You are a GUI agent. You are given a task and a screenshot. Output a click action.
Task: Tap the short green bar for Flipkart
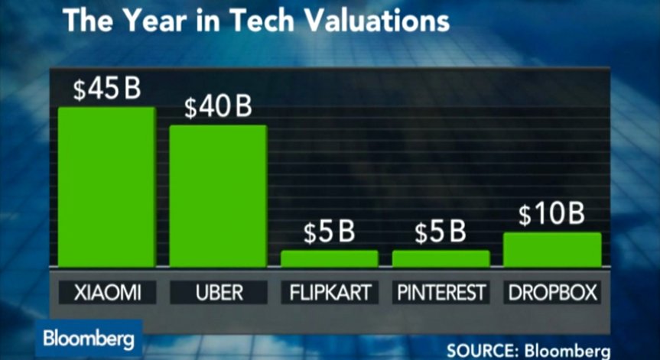coord(329,258)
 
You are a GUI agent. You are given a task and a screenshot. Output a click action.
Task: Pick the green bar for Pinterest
coord(441,258)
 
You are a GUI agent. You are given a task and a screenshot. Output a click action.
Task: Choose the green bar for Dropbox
coord(552,249)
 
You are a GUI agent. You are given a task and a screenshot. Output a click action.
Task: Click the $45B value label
coord(107,89)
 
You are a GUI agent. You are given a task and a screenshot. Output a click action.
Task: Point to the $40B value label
coord(218,108)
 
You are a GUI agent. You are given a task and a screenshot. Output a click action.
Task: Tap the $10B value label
coord(551,216)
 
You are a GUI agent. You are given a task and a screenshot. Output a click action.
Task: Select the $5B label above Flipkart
coord(329,233)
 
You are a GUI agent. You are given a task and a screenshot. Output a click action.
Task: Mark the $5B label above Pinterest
coord(440,233)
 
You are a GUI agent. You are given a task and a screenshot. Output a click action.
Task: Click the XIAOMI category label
coord(106,292)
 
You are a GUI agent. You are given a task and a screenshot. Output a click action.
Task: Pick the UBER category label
coord(218,292)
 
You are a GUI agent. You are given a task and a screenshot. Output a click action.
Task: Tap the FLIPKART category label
coord(329,292)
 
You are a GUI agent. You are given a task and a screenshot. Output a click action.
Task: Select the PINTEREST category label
coord(441,292)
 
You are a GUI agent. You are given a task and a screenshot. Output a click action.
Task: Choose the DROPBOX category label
coord(552,292)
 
